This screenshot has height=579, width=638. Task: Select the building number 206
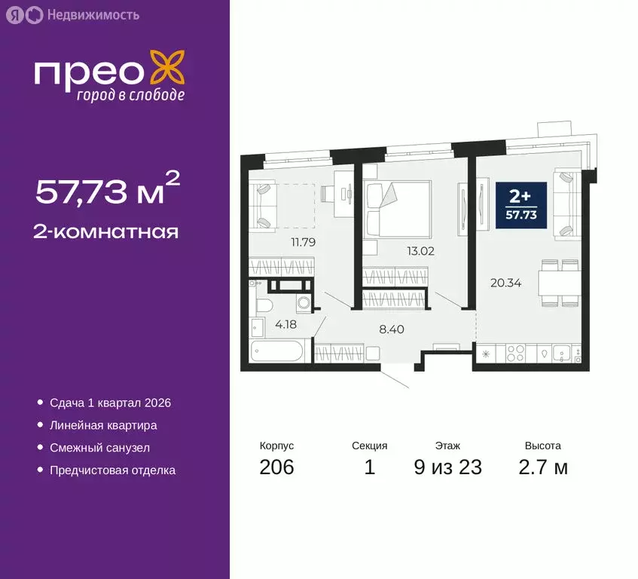click(x=276, y=467)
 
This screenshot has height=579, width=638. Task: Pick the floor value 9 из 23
click(x=447, y=467)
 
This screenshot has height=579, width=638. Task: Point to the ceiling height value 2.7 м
click(x=542, y=467)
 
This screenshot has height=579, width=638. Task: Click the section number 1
click(x=369, y=467)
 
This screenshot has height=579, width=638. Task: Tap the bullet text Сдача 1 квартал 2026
click(x=110, y=403)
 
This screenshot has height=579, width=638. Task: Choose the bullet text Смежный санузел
click(x=99, y=448)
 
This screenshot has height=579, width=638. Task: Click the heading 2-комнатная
click(x=106, y=231)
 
